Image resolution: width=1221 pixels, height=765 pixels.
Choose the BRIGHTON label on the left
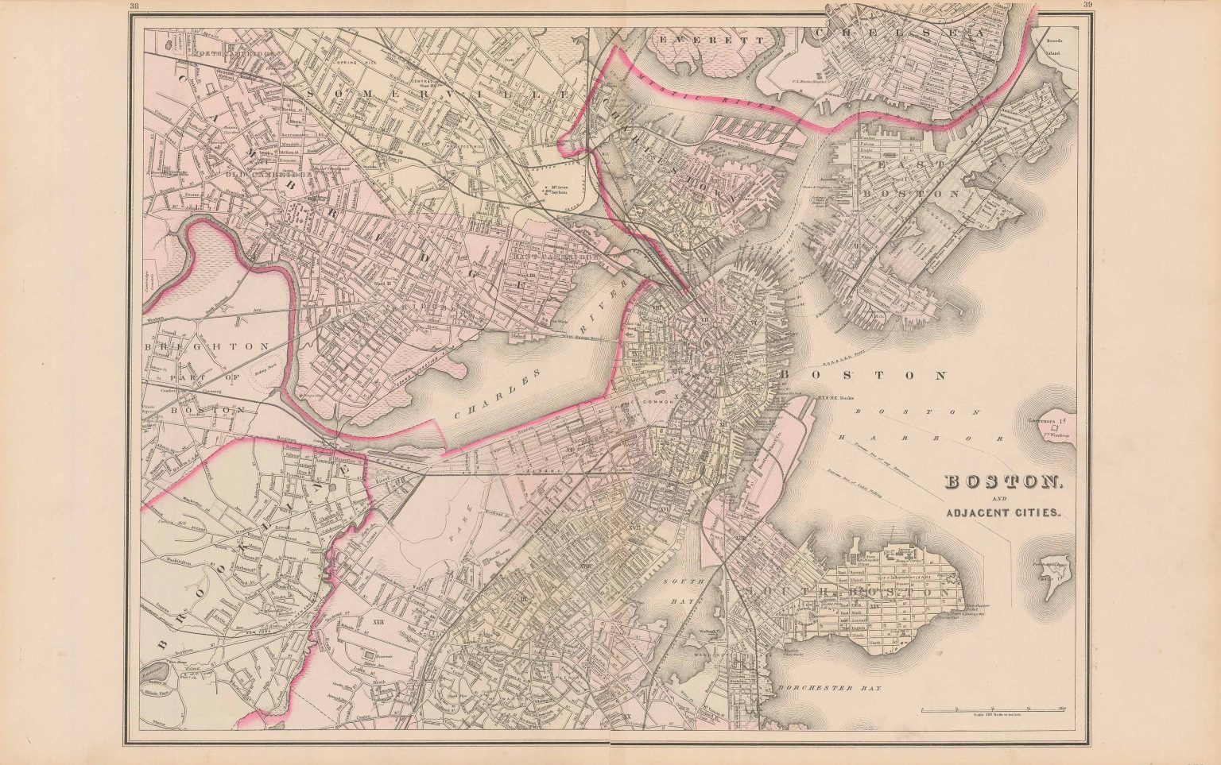pos(207,347)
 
